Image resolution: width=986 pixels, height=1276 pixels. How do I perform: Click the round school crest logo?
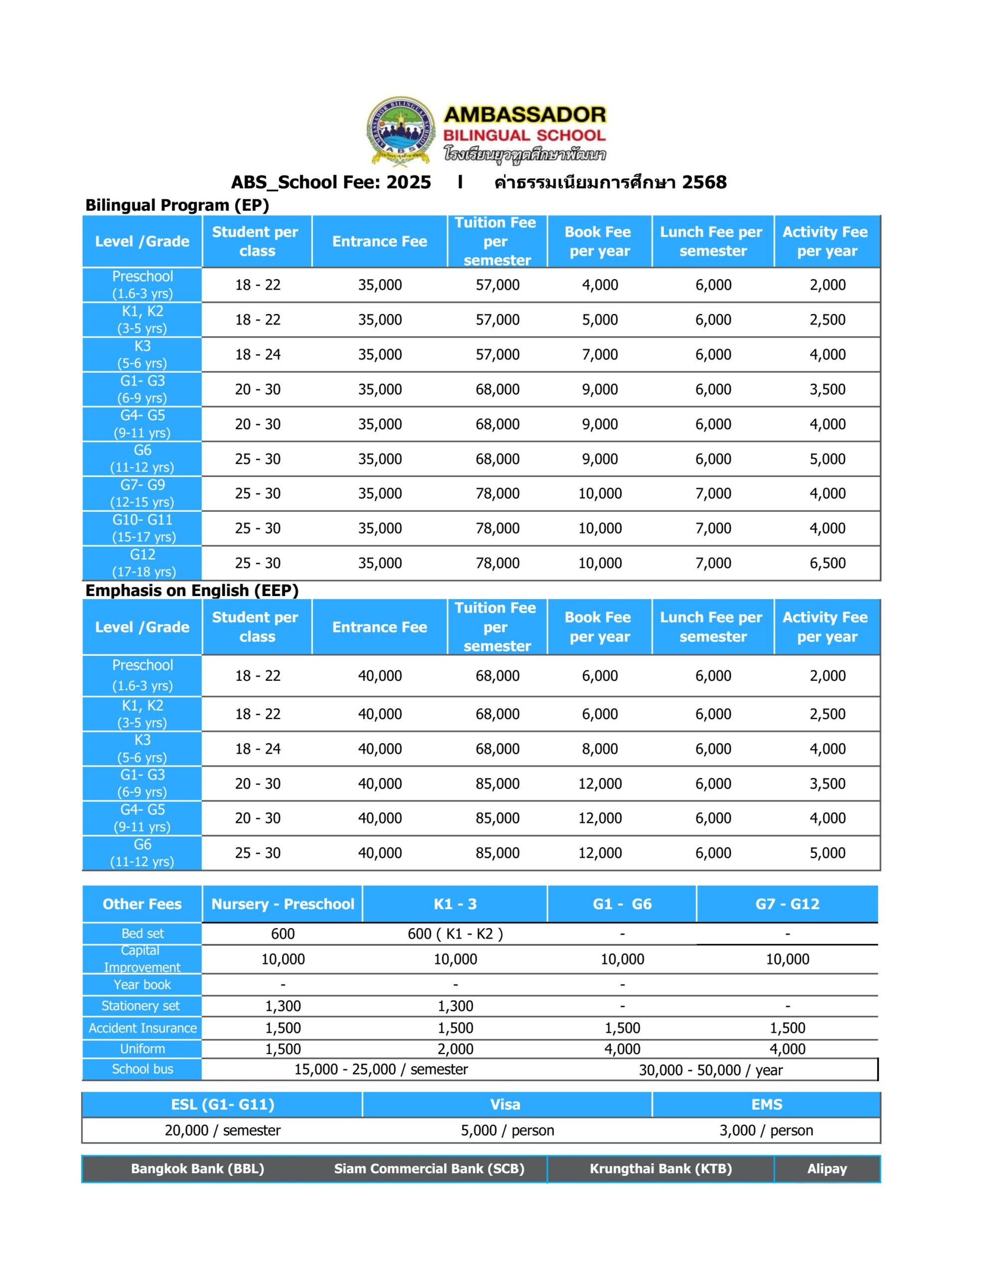(x=401, y=131)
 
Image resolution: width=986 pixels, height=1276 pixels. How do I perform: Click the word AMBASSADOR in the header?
(x=525, y=115)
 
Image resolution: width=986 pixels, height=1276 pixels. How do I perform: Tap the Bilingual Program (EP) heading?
(x=177, y=205)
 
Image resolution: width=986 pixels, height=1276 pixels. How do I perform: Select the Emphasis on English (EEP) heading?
(x=192, y=590)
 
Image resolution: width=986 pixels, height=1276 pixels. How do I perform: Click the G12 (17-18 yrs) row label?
(x=143, y=563)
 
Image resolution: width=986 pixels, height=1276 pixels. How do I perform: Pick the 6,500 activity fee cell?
(x=827, y=563)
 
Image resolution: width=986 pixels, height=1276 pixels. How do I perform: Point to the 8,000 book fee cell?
(x=600, y=749)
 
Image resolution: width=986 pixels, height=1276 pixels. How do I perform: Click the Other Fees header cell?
(x=142, y=904)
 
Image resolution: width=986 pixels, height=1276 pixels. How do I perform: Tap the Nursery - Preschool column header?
(x=282, y=904)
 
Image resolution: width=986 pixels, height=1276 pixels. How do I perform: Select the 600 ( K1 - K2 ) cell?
(x=455, y=934)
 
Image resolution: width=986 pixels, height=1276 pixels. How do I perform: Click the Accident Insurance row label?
(x=143, y=1028)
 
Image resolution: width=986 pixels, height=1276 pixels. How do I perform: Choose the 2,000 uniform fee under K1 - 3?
(x=455, y=1049)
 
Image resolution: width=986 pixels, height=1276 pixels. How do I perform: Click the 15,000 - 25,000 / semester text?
(x=381, y=1069)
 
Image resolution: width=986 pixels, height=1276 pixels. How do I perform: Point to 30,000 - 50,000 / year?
(x=710, y=1070)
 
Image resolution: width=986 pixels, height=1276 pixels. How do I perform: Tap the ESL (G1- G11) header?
(x=223, y=1104)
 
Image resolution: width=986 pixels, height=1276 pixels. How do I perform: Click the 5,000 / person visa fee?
(x=507, y=1130)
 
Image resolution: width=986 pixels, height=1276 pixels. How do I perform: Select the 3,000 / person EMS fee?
(x=766, y=1130)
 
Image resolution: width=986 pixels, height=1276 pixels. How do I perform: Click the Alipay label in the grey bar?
(x=826, y=1168)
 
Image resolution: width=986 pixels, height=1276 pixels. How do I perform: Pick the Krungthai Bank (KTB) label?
(x=660, y=1168)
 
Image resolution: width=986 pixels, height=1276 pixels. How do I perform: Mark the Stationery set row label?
(x=141, y=1005)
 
